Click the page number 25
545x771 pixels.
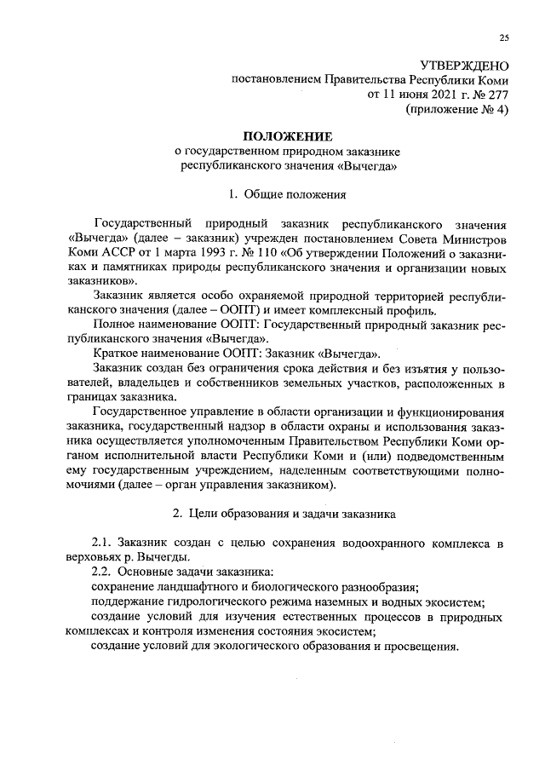pos(503,37)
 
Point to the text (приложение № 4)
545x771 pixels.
pos(457,110)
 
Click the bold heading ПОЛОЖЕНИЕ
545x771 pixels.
pos(288,136)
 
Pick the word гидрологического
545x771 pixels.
pos(218,601)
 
